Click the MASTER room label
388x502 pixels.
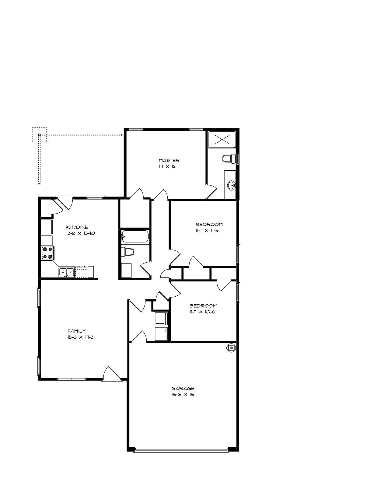[169, 160]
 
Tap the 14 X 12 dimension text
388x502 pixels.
[167, 166]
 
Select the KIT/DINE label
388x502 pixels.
[77, 227]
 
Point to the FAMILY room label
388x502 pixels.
[77, 331]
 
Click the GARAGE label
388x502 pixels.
[183, 389]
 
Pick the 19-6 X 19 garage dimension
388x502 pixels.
[183, 395]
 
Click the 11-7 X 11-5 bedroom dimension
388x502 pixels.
[207, 231]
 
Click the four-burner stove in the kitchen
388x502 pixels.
[48, 253]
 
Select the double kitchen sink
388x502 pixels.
[67, 272]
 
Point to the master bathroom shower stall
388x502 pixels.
[222, 140]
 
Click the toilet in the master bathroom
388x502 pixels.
[229, 159]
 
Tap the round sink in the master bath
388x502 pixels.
[231, 185]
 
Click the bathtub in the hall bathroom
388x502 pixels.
[135, 236]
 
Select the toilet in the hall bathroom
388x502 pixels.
[128, 252]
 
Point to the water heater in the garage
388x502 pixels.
[231, 348]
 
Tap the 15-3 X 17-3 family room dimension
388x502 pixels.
[80, 337]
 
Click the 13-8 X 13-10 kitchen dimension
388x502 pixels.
[80, 233]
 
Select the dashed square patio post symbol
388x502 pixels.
[39, 135]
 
